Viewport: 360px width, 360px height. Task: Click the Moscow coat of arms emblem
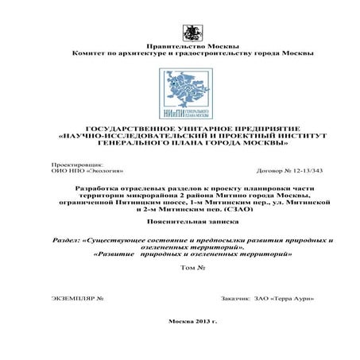coord(191,33)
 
